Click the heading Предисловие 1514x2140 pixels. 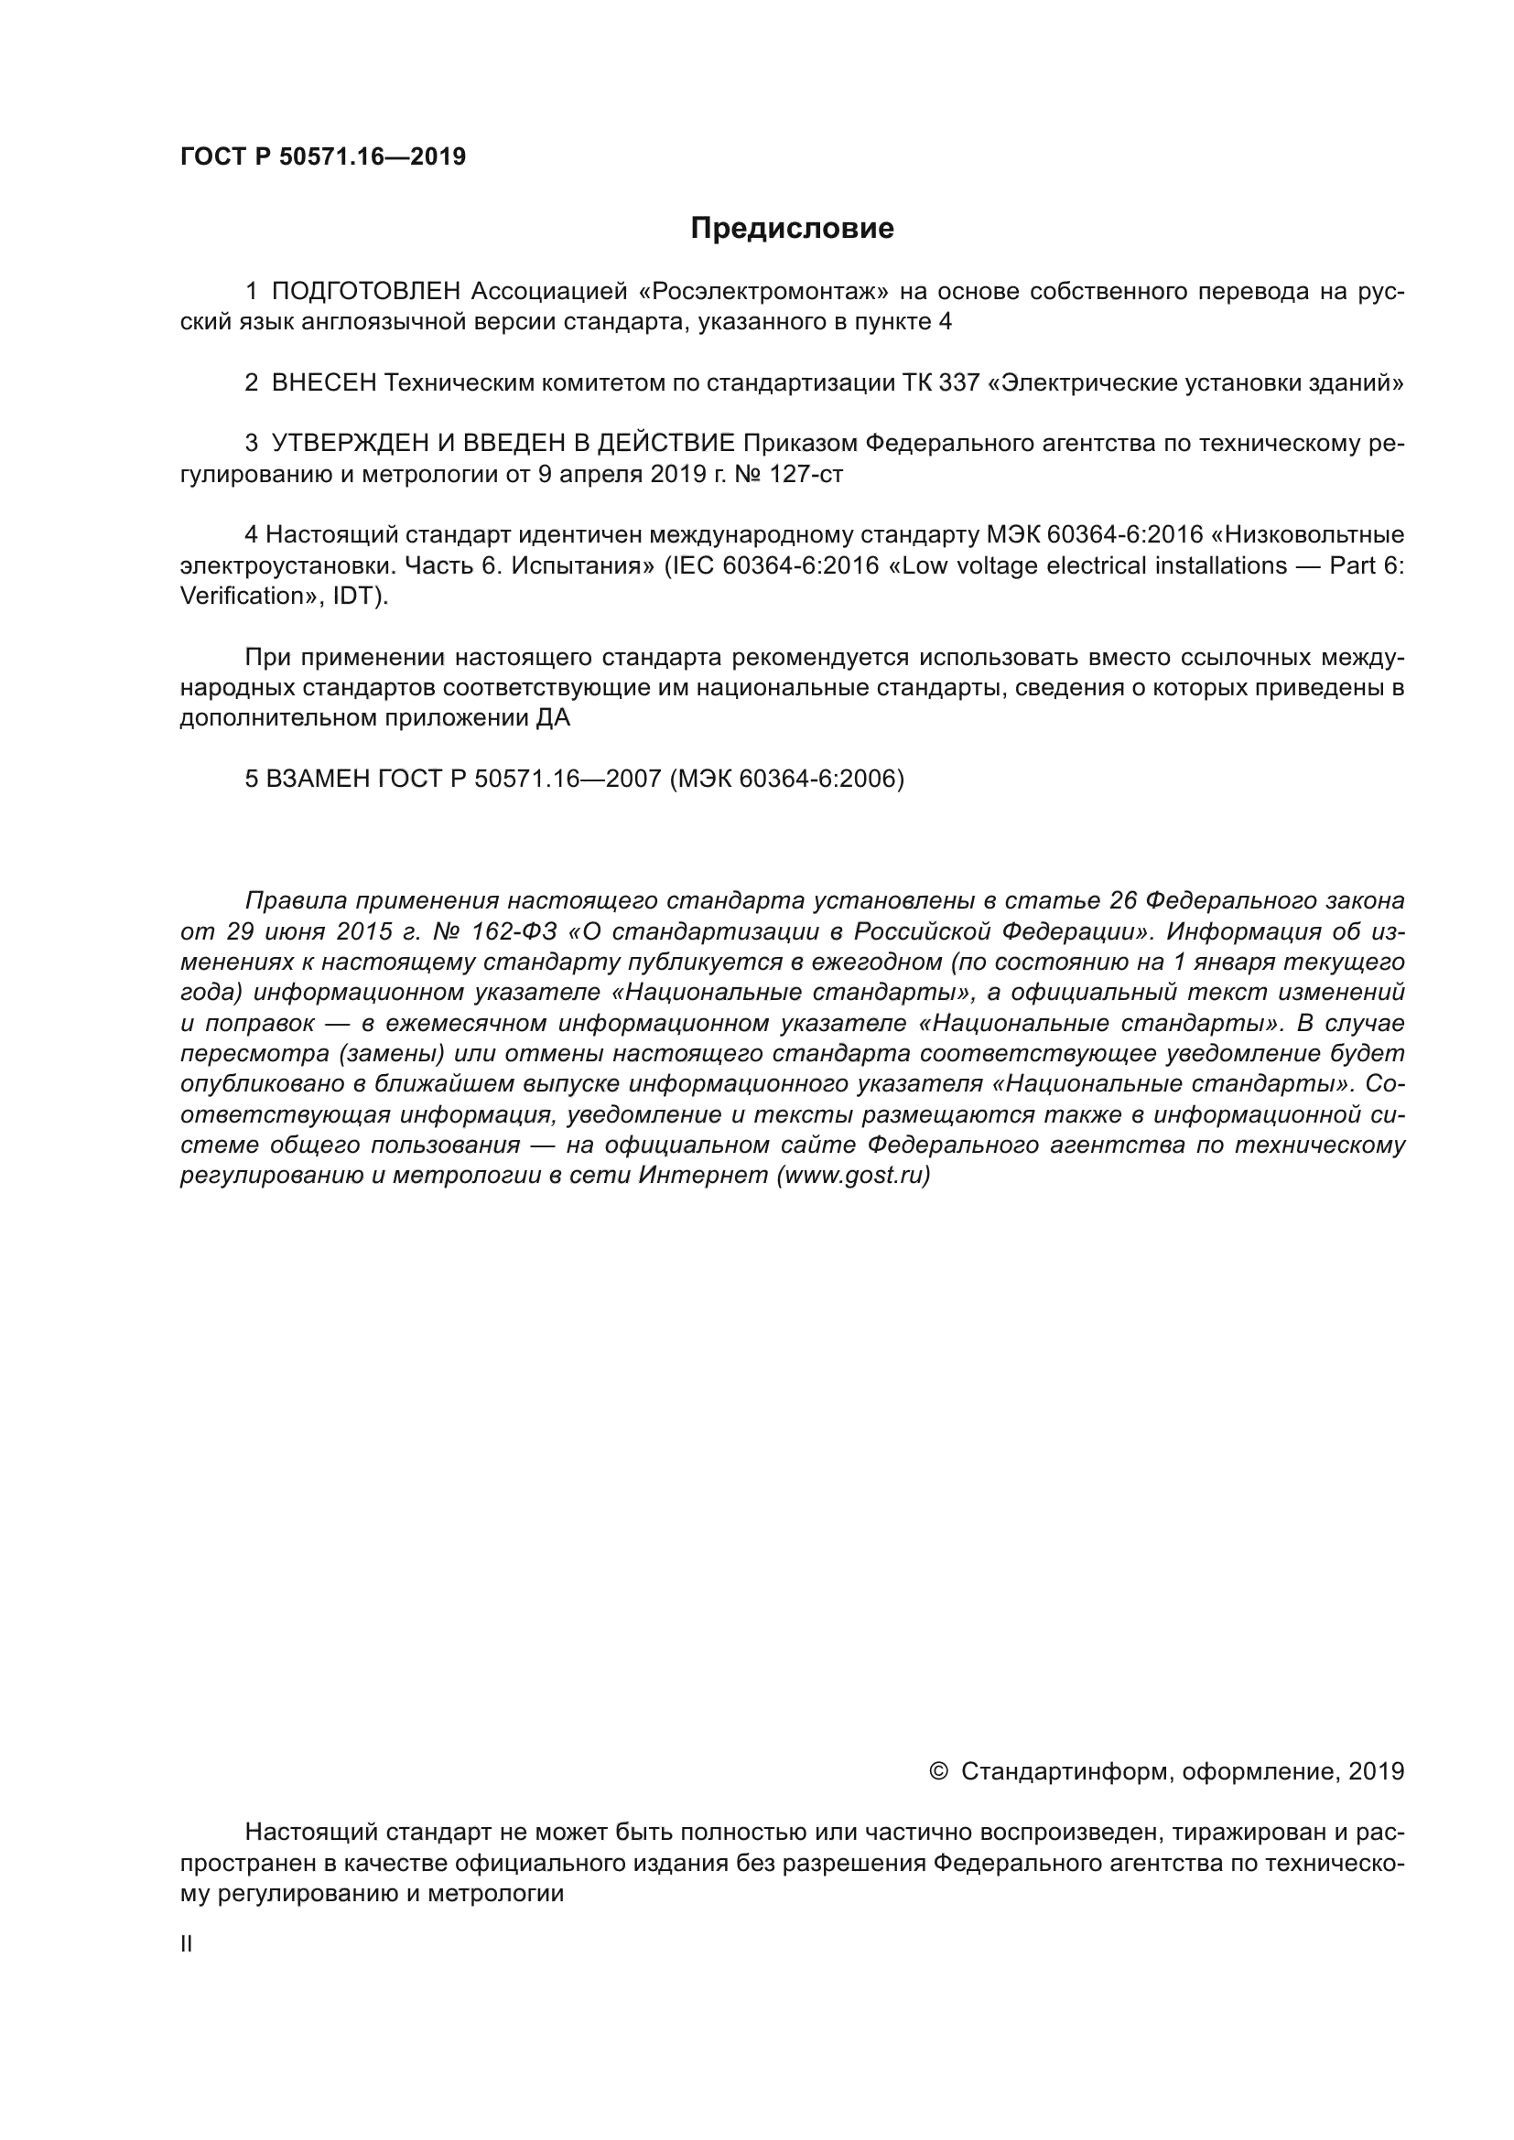coord(792,229)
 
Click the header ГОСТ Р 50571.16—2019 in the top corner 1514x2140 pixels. coord(322,156)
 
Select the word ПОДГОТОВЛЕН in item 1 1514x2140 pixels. coord(365,292)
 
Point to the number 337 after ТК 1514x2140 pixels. coord(959,382)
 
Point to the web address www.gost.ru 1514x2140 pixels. coord(853,1176)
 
